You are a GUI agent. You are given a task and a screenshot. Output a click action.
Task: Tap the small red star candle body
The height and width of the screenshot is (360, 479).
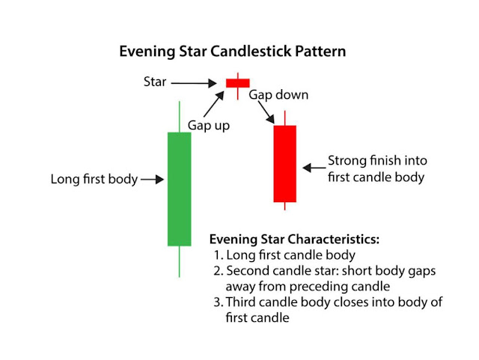237,83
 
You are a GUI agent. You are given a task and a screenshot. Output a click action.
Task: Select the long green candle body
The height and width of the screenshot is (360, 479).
179,189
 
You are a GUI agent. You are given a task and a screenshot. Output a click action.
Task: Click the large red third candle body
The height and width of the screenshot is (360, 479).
285,164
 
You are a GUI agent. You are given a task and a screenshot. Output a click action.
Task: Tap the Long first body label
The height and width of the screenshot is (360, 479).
94,180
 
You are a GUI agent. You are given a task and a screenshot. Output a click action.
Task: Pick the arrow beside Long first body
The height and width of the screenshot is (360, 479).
152,180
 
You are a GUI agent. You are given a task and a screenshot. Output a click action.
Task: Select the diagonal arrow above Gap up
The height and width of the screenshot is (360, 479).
216,102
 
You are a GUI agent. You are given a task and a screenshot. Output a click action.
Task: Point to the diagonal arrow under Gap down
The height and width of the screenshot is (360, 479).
265,113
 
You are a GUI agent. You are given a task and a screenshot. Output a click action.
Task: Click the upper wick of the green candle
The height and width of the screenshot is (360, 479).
179,115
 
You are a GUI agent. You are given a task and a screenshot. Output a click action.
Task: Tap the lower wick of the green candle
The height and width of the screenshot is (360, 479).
179,261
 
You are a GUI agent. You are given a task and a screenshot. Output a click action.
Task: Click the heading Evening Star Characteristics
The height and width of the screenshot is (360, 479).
294,240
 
